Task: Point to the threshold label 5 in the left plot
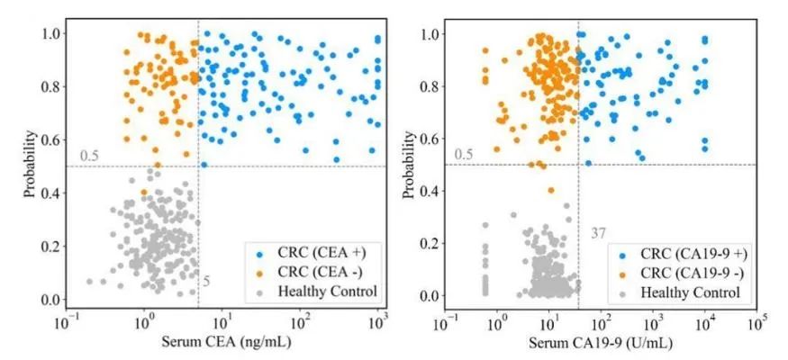[206, 283]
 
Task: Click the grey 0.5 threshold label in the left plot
[89, 157]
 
